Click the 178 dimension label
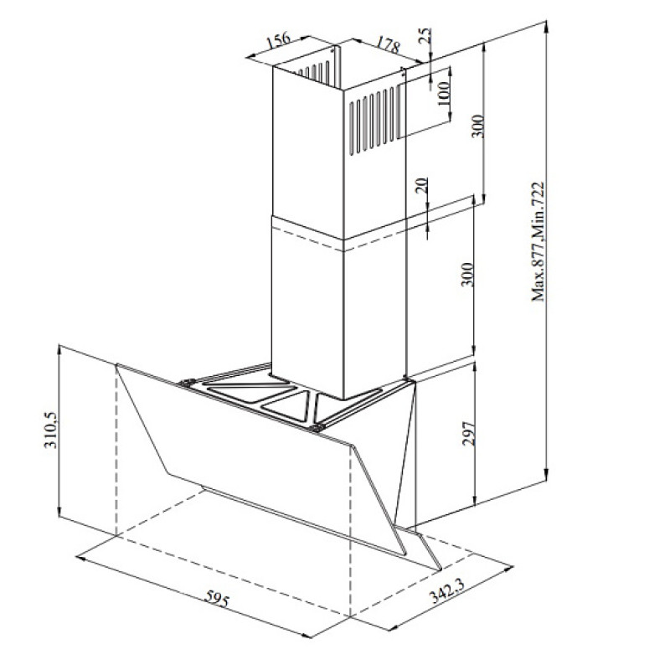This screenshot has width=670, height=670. (x=388, y=44)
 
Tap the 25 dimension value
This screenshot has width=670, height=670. (x=425, y=35)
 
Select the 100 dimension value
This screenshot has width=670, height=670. (x=444, y=93)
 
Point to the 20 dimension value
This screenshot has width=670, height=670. (x=421, y=186)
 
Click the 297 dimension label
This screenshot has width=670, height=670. (x=469, y=434)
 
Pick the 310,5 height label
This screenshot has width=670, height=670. (x=50, y=430)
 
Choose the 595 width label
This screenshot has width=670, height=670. (x=217, y=598)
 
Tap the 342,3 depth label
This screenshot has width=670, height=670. (x=446, y=590)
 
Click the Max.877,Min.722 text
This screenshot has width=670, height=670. (x=538, y=242)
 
